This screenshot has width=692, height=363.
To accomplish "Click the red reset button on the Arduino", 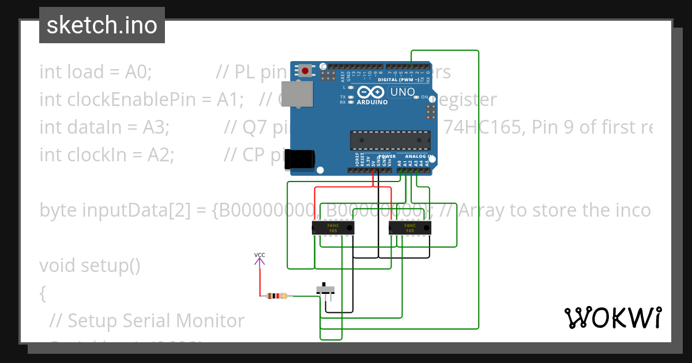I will click(304, 71).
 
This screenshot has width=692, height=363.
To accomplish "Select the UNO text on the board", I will click(403, 92).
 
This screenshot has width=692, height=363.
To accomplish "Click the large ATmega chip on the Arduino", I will click(390, 140).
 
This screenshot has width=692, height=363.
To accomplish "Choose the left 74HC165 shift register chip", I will click(333, 228).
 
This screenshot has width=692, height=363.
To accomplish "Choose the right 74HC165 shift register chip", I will click(409, 228).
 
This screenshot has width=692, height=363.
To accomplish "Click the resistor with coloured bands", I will click(277, 296).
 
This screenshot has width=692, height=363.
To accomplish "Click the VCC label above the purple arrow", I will click(259, 254).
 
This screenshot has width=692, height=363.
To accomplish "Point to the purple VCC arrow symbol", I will click(259, 263).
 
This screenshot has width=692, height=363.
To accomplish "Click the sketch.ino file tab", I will click(102, 25).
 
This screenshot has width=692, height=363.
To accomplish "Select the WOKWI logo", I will click(612, 317).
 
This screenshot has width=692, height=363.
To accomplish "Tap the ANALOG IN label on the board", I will click(418, 156).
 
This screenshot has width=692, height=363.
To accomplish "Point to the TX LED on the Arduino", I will click(350, 97).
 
